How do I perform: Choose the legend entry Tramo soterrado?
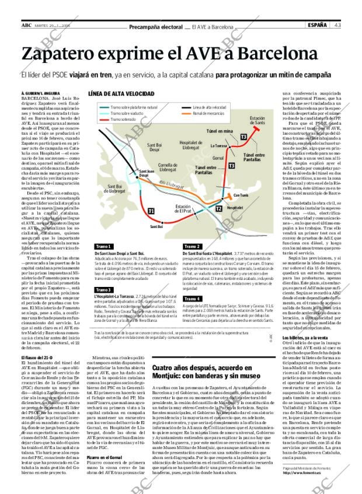(x=123, y=119)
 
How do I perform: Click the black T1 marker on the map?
(x=151, y=210)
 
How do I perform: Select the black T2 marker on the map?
(x=218, y=208)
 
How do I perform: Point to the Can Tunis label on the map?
(x=241, y=195)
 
